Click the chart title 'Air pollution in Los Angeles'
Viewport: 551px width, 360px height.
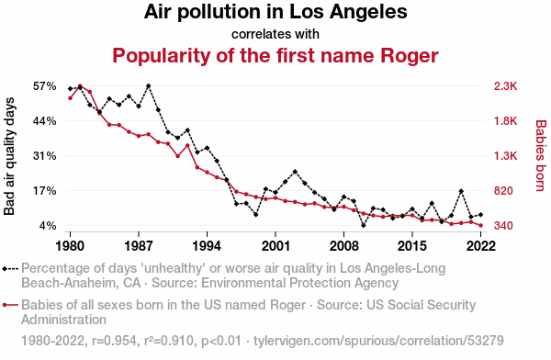[275, 12]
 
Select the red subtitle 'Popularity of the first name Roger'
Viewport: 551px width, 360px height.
[275, 55]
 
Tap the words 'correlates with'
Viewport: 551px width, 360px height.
[275, 34]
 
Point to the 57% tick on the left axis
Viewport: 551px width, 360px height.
[45, 86]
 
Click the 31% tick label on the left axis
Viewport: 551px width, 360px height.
[45, 156]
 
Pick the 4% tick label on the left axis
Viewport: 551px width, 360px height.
[48, 226]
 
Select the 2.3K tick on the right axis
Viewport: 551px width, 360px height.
[506, 86]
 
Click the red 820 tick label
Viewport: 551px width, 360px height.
[503, 191]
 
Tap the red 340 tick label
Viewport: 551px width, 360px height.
[503, 226]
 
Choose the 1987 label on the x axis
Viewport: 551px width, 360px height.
[139, 246]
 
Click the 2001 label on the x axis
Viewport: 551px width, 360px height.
[275, 246]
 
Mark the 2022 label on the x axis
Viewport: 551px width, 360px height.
[480, 246]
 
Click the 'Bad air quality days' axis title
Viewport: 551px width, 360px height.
[9, 156]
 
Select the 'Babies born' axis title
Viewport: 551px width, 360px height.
[541, 156]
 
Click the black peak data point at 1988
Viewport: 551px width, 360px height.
[149, 86]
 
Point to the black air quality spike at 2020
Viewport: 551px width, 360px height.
[461, 191]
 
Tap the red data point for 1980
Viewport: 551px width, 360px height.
[71, 98]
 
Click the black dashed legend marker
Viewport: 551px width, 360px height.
[10, 269]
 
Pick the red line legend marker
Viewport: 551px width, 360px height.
[10, 305]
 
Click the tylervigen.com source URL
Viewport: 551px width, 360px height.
[378, 341]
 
